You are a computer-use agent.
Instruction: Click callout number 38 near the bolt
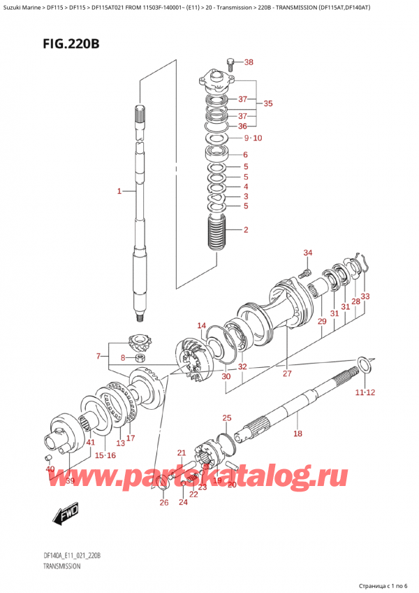click(248, 62)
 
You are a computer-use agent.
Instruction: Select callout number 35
click(267, 103)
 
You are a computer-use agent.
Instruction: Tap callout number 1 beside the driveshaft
click(119, 191)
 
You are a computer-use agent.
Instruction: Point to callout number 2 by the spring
click(246, 229)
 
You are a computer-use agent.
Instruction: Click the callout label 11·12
click(365, 392)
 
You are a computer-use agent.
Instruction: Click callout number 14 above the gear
click(201, 325)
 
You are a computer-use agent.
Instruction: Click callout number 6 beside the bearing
click(245, 155)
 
